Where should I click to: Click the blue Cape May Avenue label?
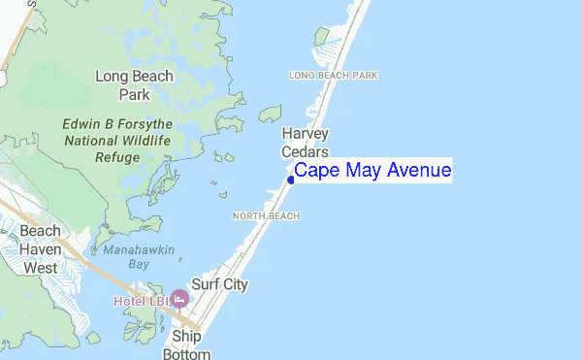tap(372, 171)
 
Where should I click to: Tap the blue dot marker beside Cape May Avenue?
tap(291, 180)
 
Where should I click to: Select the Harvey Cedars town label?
tap(306, 143)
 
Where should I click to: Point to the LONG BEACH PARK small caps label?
tap(333, 76)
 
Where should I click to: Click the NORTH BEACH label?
tap(266, 215)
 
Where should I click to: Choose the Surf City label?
tap(219, 284)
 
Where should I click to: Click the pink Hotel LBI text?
tap(141, 301)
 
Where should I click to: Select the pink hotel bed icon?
tap(179, 297)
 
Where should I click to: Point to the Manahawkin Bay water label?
tap(139, 256)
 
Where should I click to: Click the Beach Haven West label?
tap(40, 248)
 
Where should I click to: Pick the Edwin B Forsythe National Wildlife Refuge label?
tap(116, 141)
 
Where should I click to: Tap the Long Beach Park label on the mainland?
tap(135, 85)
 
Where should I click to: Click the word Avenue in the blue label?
tap(419, 171)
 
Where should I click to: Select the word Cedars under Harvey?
tap(306, 152)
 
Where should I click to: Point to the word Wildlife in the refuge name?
tap(145, 141)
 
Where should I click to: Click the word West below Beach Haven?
tap(40, 267)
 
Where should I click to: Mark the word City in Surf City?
tap(234, 284)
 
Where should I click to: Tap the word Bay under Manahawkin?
tap(139, 264)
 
